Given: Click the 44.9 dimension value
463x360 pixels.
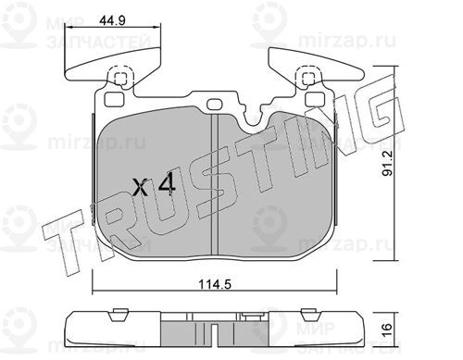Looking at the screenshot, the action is click(112, 20).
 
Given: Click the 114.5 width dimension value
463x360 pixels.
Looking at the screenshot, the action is click(215, 284).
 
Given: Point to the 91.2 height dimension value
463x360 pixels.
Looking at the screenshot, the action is click(387, 163).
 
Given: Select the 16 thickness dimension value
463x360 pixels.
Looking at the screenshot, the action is click(387, 330).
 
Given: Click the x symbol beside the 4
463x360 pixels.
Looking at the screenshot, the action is click(140, 188).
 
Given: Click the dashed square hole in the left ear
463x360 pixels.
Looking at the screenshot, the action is click(120, 79).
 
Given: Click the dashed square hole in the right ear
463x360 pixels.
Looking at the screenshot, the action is click(307, 79).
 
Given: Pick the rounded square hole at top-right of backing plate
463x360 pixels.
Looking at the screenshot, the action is click(315, 99).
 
